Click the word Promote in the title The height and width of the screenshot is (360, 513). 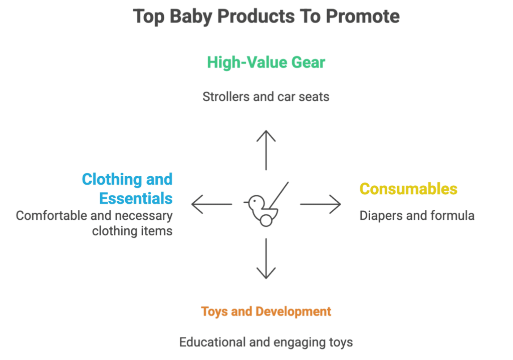coord(363,17)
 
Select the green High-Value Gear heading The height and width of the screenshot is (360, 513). coord(266,63)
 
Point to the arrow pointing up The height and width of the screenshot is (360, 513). coord(266,150)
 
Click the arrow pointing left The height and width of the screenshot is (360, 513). coord(211,204)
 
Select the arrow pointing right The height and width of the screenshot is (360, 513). coord(321,204)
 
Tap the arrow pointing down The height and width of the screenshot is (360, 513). coord(266,258)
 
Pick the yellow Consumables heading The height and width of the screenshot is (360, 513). coord(408,189)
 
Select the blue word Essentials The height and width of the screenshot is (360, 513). coord(136,198)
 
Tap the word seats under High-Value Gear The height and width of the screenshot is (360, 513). coord(314,96)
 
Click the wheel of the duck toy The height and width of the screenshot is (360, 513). coord(266,219)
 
